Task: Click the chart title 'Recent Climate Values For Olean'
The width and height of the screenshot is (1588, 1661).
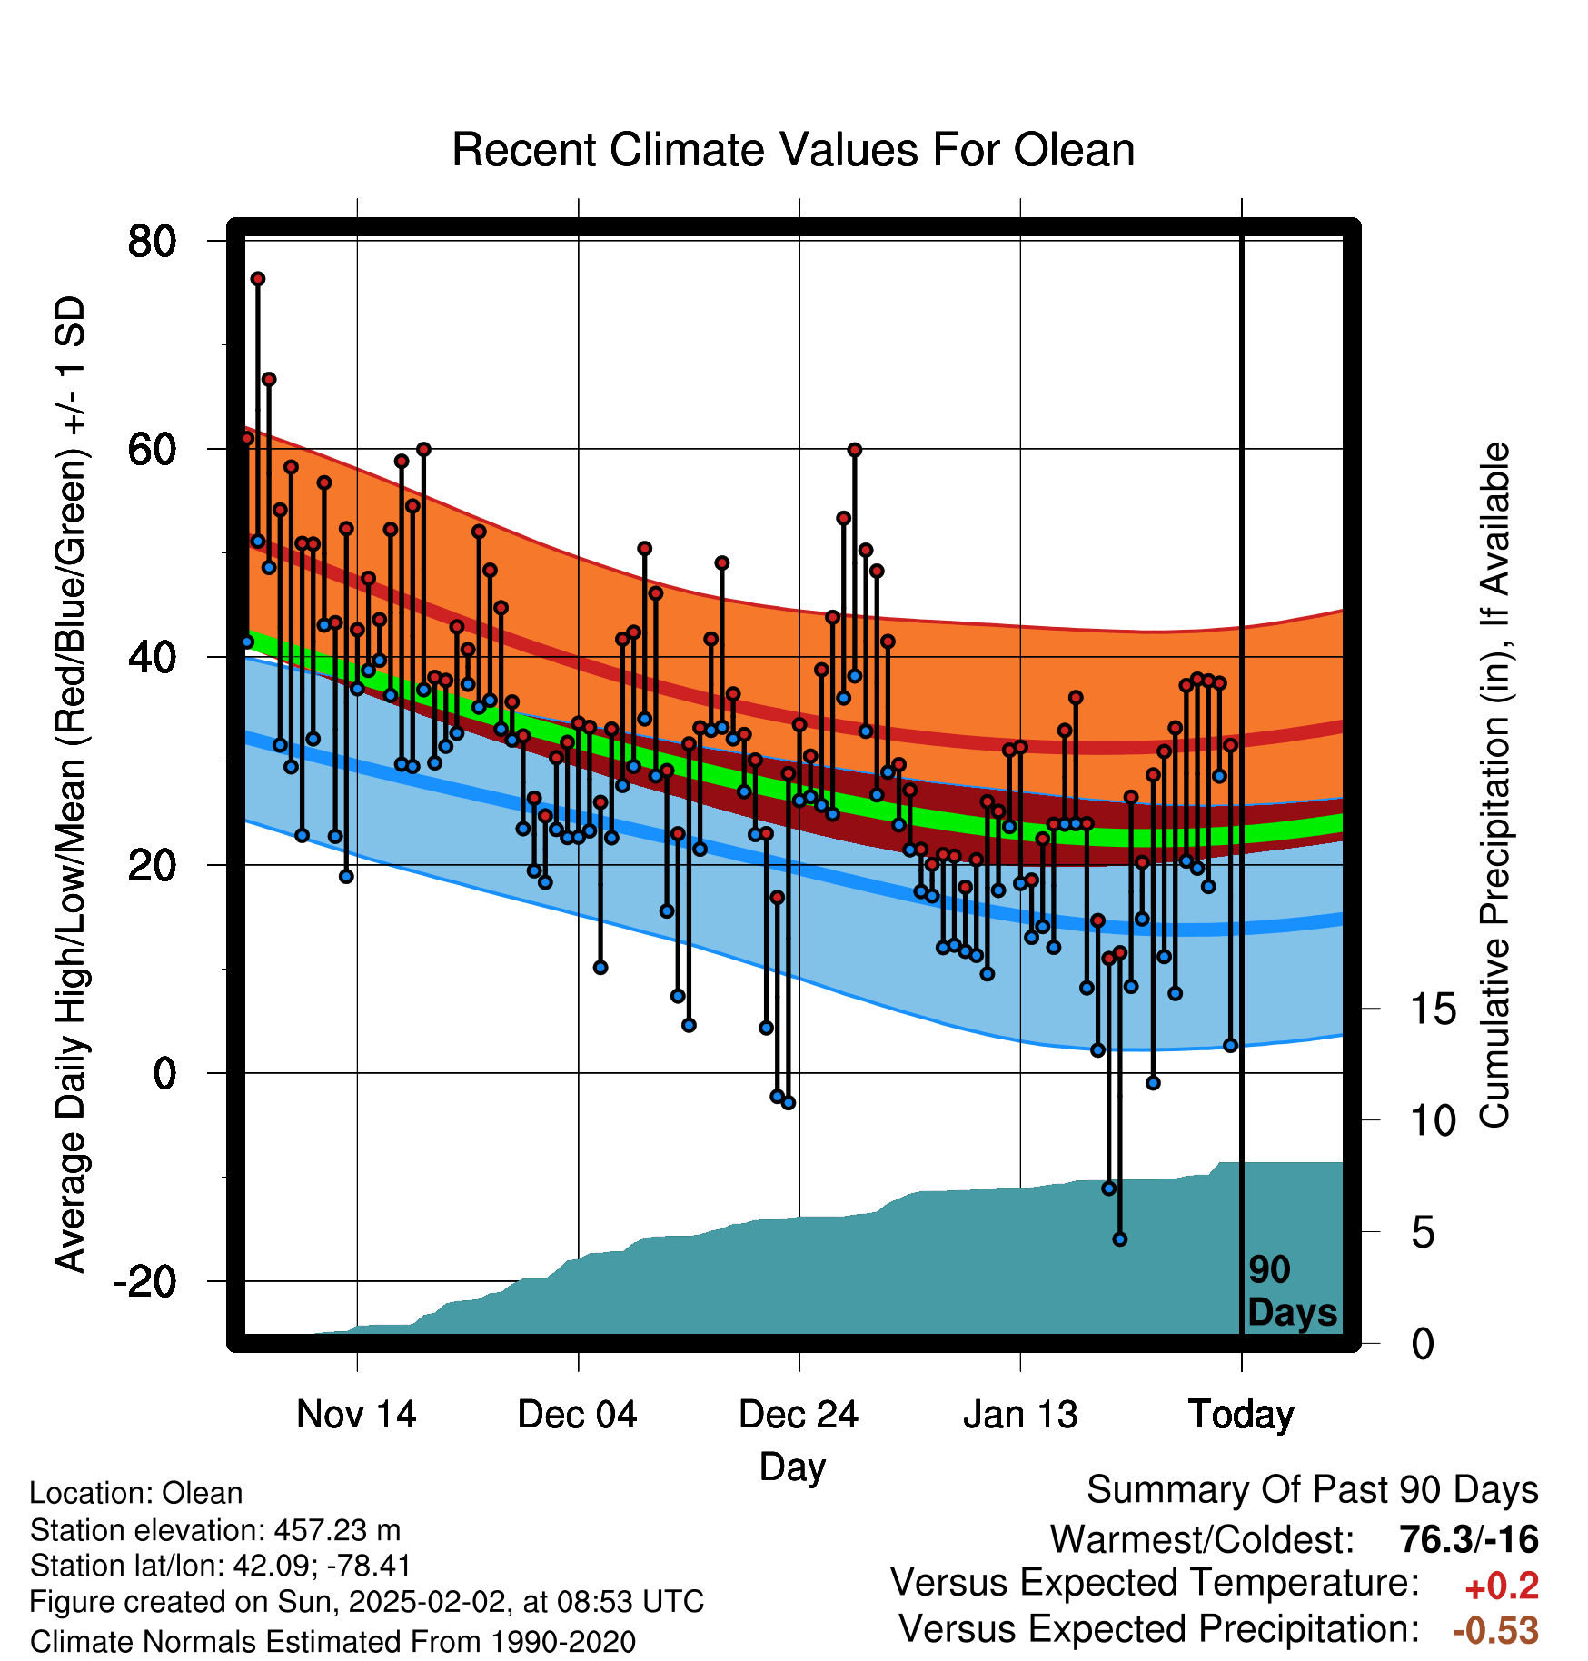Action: [793, 150]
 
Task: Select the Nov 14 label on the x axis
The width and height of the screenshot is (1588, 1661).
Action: [356, 1415]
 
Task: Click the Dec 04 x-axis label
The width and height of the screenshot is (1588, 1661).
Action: [578, 1415]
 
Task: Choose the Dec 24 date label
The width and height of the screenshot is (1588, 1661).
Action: [799, 1415]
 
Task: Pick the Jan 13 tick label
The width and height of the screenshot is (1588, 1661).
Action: [1020, 1415]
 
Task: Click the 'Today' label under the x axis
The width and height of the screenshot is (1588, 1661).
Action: [1241, 1416]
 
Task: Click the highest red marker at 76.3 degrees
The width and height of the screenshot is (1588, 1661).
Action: [258, 279]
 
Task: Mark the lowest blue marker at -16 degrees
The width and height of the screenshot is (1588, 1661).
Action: [1120, 1239]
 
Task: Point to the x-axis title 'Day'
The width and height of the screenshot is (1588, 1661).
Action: [793, 1467]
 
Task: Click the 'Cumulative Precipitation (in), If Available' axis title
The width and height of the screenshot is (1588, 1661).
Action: [1494, 786]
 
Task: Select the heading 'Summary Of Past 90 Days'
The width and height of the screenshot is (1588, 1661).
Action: [1313, 1491]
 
